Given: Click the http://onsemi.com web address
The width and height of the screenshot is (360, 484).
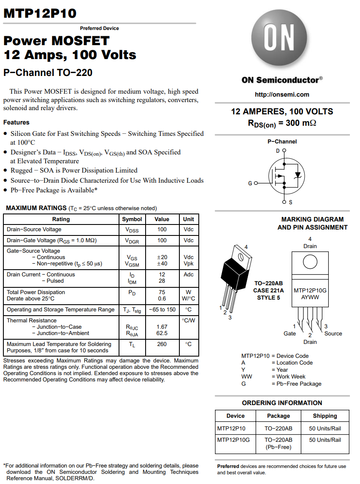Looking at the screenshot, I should [282, 95].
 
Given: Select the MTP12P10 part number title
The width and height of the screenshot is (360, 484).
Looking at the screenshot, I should [40, 14].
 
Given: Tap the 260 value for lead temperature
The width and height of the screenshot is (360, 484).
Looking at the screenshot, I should [162, 344].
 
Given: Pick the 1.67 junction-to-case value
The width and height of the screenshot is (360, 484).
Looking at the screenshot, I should [162, 327].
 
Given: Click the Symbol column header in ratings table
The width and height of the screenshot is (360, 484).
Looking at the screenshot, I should [132, 219].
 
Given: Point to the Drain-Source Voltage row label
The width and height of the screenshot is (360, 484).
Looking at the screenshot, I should [34, 230].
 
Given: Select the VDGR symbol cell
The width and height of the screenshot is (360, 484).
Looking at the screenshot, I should [132, 241].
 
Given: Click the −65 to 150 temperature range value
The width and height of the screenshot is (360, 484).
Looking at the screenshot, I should [162, 310].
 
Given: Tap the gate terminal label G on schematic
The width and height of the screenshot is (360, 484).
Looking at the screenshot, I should [250, 183].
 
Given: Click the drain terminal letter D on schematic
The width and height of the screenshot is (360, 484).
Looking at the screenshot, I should [278, 151].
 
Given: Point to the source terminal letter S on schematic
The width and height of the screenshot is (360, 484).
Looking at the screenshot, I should [290, 203].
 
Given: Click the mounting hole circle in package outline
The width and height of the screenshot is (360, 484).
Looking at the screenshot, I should [310, 262].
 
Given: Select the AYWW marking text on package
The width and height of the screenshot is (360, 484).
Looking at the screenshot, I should [310, 297].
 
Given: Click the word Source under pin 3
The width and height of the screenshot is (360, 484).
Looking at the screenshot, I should [333, 333].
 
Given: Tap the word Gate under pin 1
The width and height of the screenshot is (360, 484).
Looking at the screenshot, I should [290, 333].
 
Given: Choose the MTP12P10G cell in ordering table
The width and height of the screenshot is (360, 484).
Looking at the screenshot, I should [234, 440].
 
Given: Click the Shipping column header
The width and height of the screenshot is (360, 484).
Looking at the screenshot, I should [325, 416].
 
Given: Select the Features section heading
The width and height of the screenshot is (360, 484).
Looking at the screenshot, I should [16, 122].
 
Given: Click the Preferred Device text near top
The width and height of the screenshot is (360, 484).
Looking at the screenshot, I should [99, 28].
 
